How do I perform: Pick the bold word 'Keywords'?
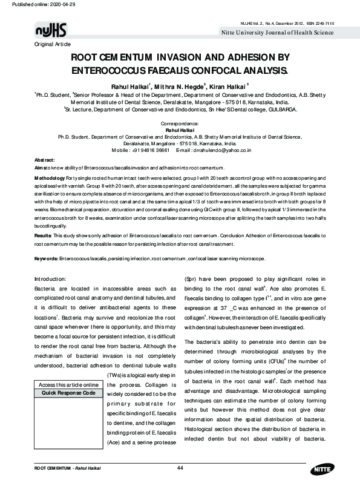(x=45, y=258)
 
